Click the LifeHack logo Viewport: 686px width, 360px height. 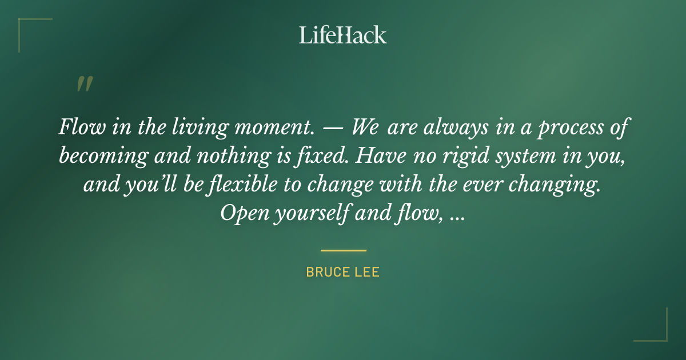tap(343, 35)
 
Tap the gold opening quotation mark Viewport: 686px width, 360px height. tap(84, 85)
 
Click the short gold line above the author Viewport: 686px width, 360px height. tap(343, 250)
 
